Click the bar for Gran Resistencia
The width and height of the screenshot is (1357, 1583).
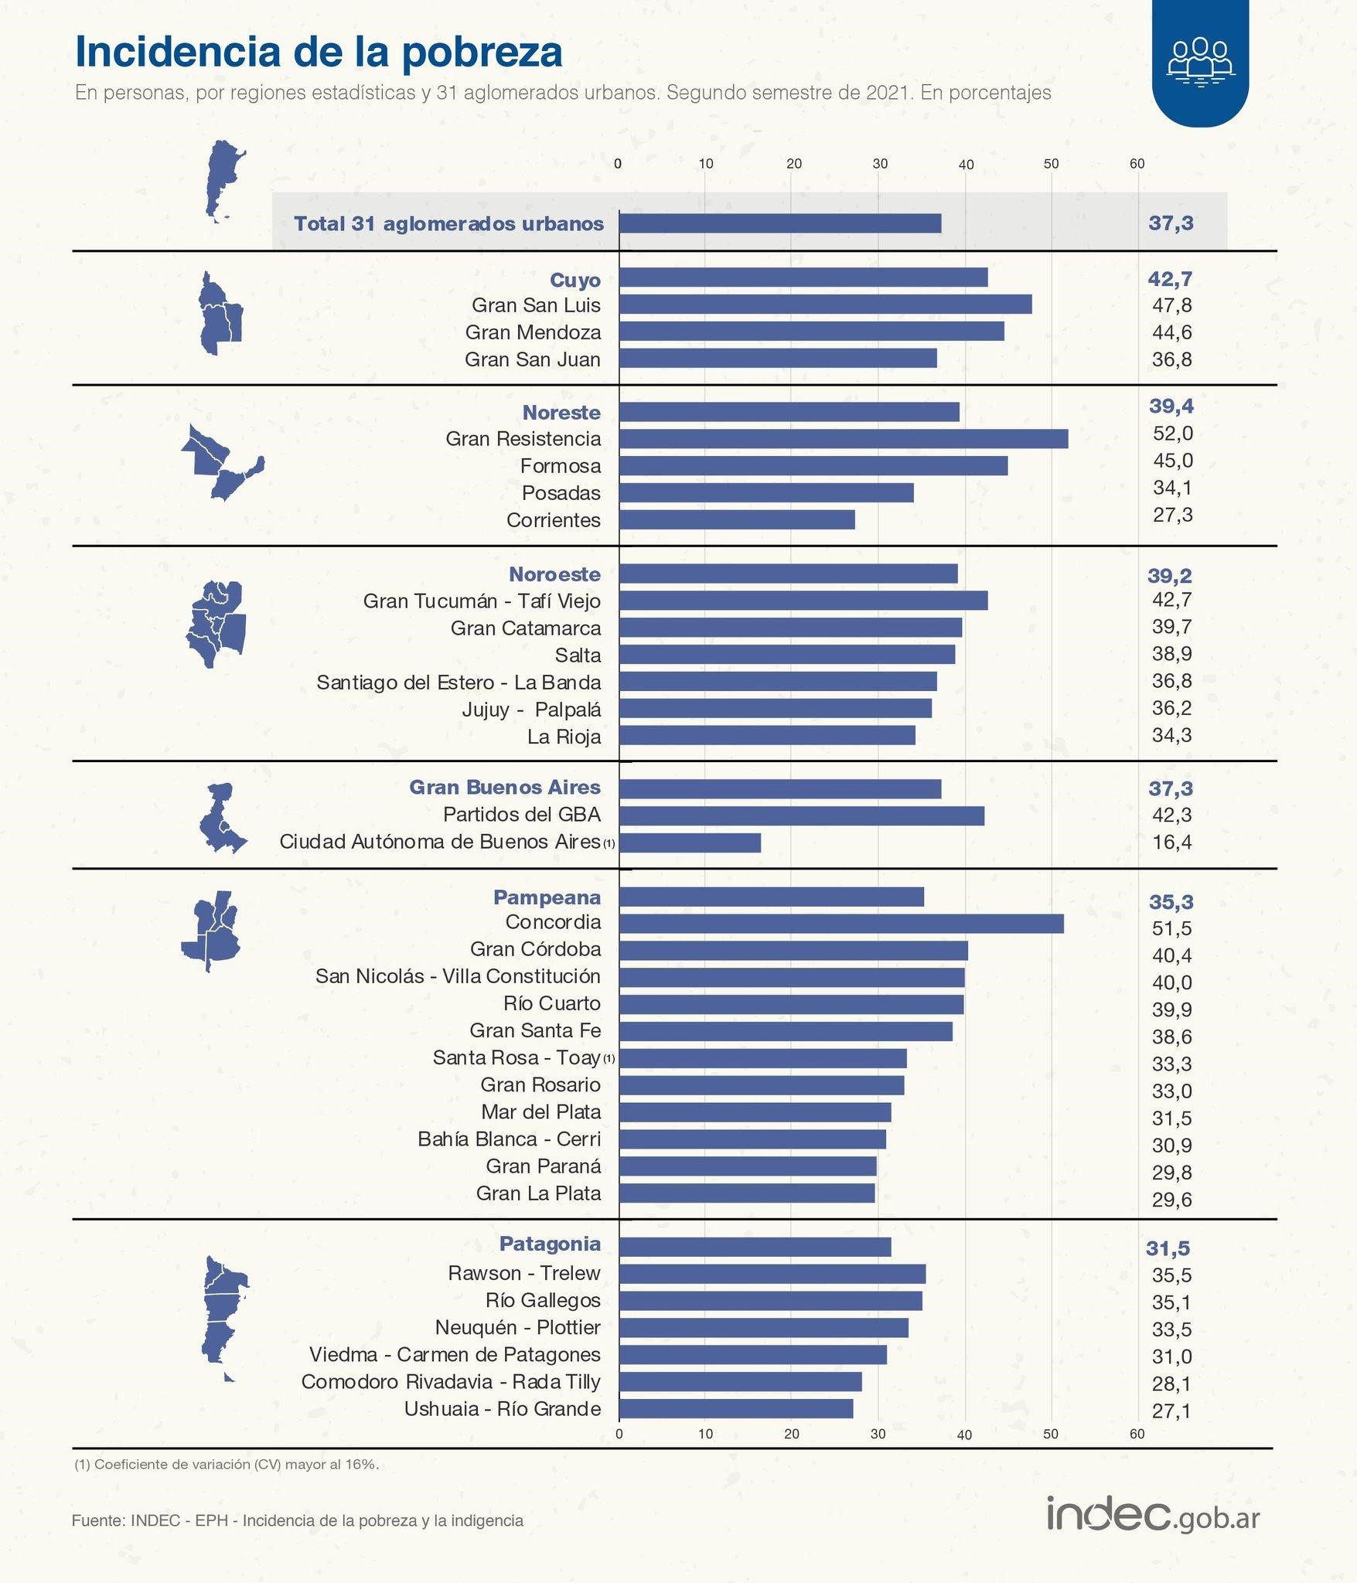tap(843, 439)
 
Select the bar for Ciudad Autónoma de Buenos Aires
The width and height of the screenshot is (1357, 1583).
tap(690, 843)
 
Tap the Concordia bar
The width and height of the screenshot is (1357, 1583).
tap(841, 924)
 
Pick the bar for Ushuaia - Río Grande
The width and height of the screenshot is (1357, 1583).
tap(736, 1408)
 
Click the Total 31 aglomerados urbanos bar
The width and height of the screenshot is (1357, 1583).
tap(780, 223)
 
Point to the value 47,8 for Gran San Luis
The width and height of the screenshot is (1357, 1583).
tap(1171, 305)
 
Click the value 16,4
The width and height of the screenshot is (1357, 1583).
tap(1171, 842)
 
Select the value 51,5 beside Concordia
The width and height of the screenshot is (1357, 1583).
tap(1171, 928)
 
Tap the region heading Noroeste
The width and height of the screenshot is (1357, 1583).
tap(554, 574)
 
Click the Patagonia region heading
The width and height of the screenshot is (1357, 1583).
tap(550, 1244)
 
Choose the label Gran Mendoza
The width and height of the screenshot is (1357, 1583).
tap(533, 332)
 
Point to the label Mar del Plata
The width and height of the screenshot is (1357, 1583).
tap(540, 1112)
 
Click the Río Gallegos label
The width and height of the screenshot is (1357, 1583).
tap(543, 1300)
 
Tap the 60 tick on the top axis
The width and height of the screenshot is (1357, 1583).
tap(1137, 164)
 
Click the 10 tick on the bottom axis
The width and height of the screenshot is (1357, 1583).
tap(705, 1434)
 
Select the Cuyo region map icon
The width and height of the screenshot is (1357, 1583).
tap(220, 314)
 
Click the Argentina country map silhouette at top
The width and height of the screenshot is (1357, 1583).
tap(223, 182)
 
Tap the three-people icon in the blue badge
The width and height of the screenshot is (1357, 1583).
tap(1200, 60)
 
